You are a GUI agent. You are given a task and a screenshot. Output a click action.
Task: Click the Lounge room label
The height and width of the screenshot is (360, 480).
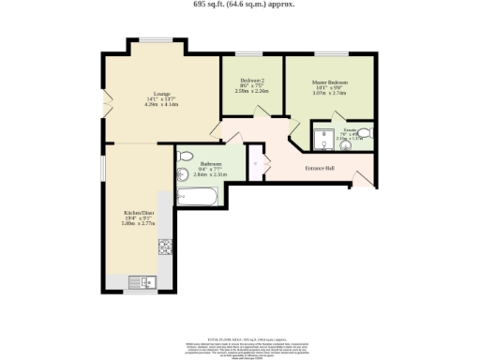click(x=161, y=92)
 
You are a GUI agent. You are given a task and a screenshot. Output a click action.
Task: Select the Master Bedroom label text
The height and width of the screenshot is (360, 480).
click(x=329, y=82)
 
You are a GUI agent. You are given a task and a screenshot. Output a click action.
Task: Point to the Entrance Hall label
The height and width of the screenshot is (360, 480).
click(x=320, y=169)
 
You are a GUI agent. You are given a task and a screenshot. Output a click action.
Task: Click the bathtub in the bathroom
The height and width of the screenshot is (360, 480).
click(x=198, y=197)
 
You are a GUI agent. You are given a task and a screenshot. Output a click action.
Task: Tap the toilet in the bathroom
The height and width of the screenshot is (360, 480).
click(x=185, y=156)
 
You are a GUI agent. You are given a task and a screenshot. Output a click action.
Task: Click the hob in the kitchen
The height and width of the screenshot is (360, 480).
click(x=166, y=247)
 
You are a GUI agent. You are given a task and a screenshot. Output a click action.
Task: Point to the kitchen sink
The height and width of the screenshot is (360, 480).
click(x=147, y=280)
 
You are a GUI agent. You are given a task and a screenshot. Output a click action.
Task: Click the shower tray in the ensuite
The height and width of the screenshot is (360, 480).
click(x=323, y=139)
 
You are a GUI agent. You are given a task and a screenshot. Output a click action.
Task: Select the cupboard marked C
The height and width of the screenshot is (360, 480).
click(x=255, y=162)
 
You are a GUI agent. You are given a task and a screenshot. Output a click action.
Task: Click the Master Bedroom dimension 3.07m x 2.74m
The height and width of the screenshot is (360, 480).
click(x=329, y=93)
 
